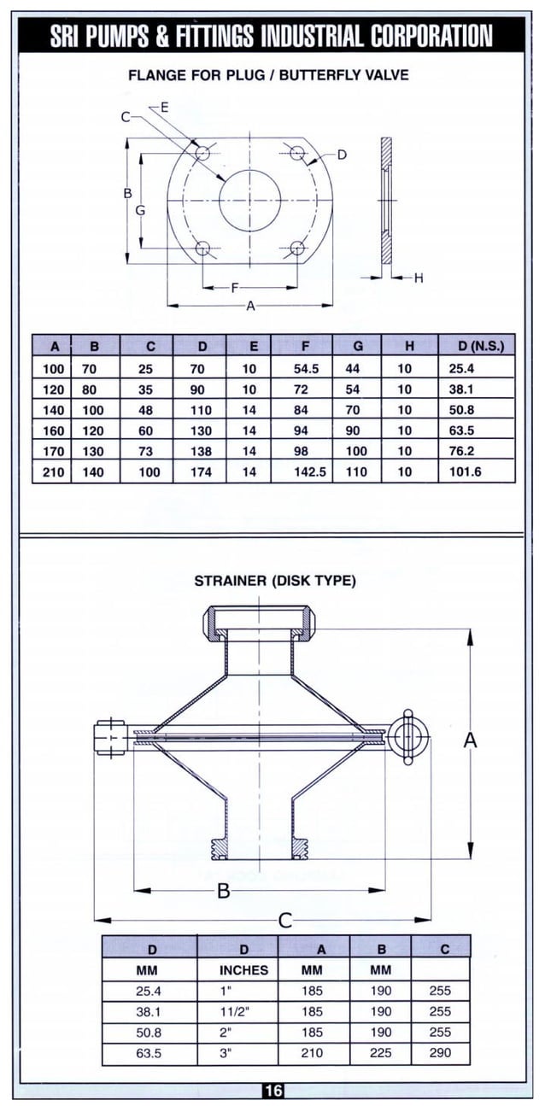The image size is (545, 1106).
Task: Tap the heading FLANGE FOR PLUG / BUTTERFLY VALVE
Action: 268,75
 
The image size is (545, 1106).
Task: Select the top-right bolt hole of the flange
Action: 297,153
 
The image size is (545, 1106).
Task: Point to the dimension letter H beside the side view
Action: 418,278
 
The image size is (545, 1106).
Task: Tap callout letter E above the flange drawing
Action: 164,106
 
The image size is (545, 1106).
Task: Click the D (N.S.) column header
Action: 476,346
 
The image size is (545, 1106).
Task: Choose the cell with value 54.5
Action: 306,369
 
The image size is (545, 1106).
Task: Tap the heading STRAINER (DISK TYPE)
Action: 275,581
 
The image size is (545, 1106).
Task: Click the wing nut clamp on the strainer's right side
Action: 407,734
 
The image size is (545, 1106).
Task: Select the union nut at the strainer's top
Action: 257,620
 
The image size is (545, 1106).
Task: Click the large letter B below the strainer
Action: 224,892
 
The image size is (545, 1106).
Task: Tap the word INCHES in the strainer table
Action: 243,970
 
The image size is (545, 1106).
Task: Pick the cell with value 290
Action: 441,1053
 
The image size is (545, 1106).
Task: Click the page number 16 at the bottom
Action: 272,1091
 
